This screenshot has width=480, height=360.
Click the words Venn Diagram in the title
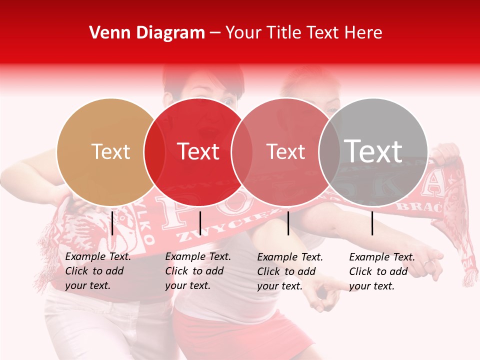(x=147, y=33)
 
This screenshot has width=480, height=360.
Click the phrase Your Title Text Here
(x=303, y=33)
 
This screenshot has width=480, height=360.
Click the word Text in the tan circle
(x=110, y=152)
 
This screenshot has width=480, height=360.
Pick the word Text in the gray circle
(x=373, y=151)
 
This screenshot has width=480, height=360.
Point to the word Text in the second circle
(x=198, y=152)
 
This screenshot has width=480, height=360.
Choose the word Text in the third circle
(x=285, y=152)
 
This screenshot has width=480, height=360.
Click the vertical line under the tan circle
(x=112, y=223)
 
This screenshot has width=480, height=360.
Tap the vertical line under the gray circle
(x=372, y=223)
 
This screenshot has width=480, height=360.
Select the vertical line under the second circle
(x=200, y=223)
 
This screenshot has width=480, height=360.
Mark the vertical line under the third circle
(x=288, y=223)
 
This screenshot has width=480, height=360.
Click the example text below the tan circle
(x=98, y=271)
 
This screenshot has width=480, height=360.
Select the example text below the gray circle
(x=382, y=271)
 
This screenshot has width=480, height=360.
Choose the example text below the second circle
(x=198, y=271)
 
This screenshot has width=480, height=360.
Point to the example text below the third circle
(x=290, y=271)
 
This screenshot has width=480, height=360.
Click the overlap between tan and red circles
(x=154, y=152)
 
